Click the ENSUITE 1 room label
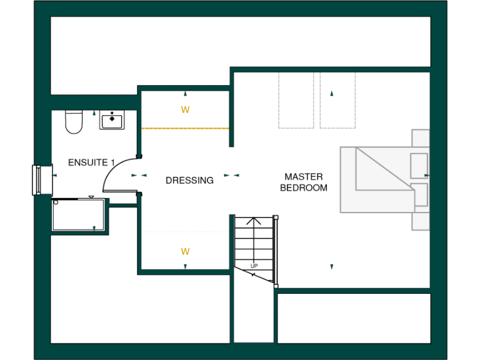point(91,162)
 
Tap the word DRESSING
point(189,181)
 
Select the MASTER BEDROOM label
point(303,182)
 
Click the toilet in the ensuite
point(74,122)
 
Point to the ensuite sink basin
point(112,119)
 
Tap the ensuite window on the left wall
point(37,180)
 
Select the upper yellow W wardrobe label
point(185,110)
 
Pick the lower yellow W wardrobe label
point(185,252)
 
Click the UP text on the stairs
point(254,266)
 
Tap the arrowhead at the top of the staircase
point(254,220)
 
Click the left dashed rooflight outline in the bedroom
point(296,100)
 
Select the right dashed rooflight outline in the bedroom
point(337,100)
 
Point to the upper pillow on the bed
point(419,164)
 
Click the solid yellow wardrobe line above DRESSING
point(185,128)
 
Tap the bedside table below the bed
point(420,221)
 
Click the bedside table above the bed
point(420,138)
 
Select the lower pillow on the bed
point(419,194)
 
